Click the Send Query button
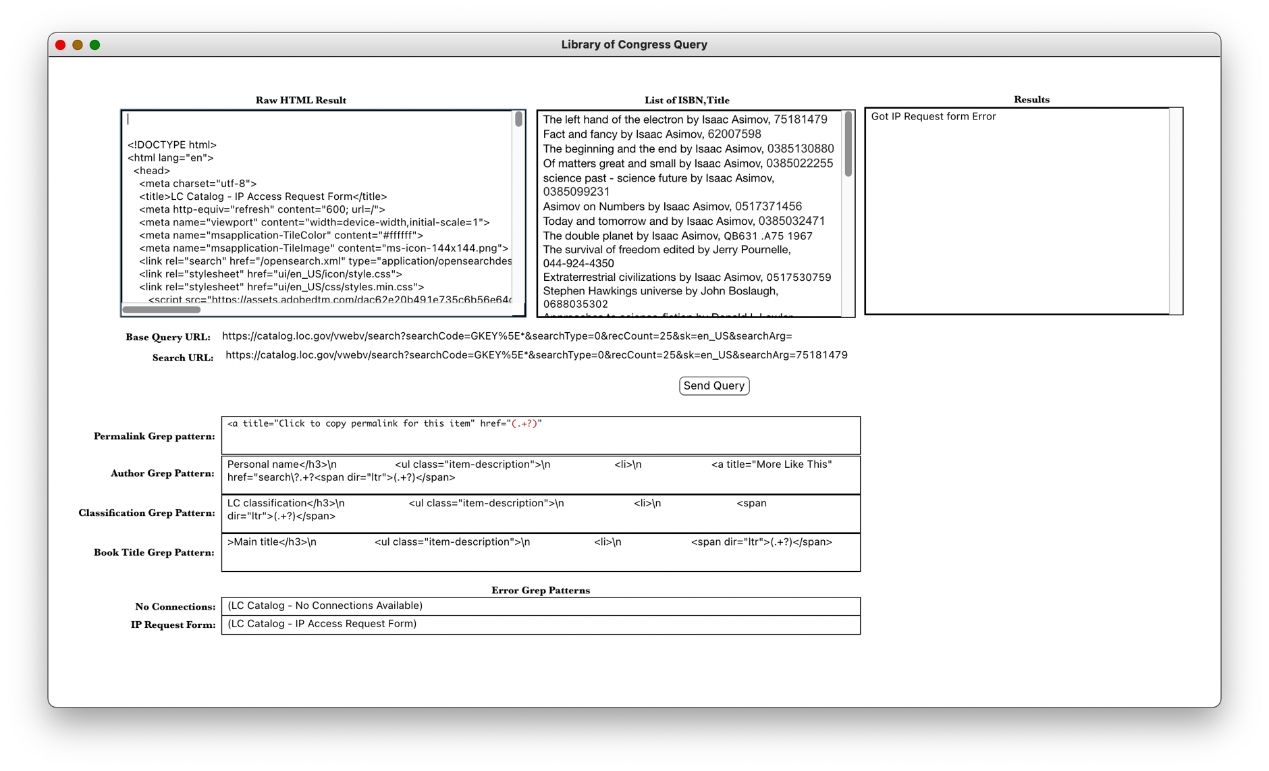click(x=713, y=385)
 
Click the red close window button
click(x=60, y=45)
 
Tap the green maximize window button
click(x=95, y=45)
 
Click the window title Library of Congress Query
click(x=634, y=45)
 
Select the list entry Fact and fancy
click(x=651, y=134)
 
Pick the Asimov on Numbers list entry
click(x=672, y=207)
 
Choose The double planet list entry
click(x=677, y=236)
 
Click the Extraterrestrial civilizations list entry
click(x=686, y=277)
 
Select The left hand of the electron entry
click(x=684, y=119)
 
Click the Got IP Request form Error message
click(x=933, y=117)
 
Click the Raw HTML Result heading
click(x=300, y=100)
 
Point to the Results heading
click(x=1031, y=99)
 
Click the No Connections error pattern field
click(x=540, y=606)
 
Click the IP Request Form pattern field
click(x=540, y=624)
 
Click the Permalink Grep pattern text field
click(x=540, y=435)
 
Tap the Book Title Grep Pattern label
click(x=154, y=552)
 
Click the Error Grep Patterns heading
click(x=540, y=590)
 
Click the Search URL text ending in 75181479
click(x=536, y=355)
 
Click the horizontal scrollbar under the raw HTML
click(x=161, y=310)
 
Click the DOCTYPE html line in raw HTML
click(x=172, y=145)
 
